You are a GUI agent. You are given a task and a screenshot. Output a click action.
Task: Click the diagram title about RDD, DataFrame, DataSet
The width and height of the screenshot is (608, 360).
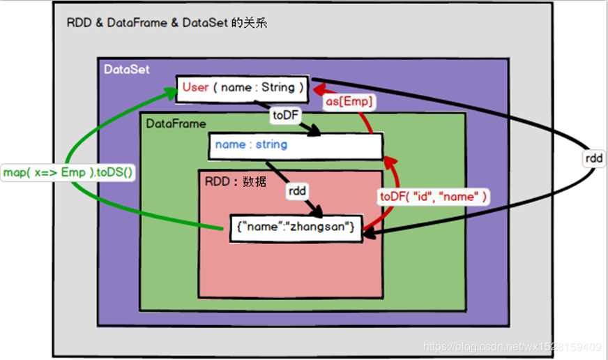[x=166, y=23]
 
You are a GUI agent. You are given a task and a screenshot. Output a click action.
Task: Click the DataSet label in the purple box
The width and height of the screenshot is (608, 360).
[x=126, y=69]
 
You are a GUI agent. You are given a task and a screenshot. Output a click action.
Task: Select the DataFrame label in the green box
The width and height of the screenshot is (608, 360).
[x=176, y=123]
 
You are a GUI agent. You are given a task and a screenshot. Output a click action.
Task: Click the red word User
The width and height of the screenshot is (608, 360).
[x=195, y=88]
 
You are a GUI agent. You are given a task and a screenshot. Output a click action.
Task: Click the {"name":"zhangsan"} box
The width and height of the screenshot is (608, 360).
[x=296, y=227]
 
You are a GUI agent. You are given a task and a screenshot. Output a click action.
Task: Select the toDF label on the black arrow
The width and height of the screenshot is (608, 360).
[x=285, y=116]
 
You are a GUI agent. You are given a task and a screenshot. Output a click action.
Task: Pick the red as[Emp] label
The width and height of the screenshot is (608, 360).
[x=349, y=102]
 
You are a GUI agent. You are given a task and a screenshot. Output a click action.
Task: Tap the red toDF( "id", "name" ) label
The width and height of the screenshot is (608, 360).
[x=433, y=197]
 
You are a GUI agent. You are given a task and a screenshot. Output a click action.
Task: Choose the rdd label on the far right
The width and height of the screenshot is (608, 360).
[x=594, y=158]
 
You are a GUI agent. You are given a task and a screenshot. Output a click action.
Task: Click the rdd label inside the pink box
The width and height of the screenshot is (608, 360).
[x=297, y=190]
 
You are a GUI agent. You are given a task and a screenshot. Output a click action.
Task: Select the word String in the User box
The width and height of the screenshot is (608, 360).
[x=278, y=88]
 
